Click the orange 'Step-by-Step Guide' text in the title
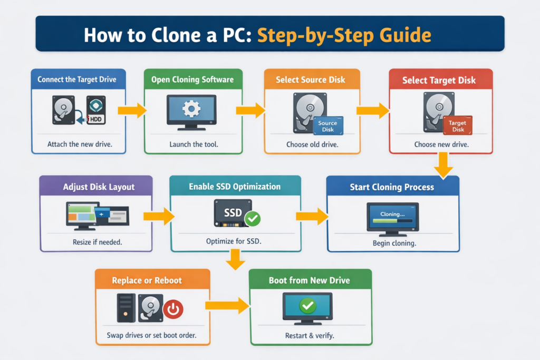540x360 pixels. pos(344,35)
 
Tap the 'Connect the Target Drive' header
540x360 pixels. pos(77,80)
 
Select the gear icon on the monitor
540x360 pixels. pos(190,109)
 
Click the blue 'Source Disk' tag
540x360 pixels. pos(327,126)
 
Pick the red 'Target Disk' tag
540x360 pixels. pos(457,126)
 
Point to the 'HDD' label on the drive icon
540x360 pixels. pos(97,119)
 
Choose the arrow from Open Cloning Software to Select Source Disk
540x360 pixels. pos(250,110)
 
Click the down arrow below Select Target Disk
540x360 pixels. pos(443,165)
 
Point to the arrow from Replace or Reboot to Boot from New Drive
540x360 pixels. pos(227,305)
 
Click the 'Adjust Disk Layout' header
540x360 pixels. pos(99,187)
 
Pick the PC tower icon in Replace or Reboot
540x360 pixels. pos(126,308)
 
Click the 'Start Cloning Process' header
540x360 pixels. pos(392,187)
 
